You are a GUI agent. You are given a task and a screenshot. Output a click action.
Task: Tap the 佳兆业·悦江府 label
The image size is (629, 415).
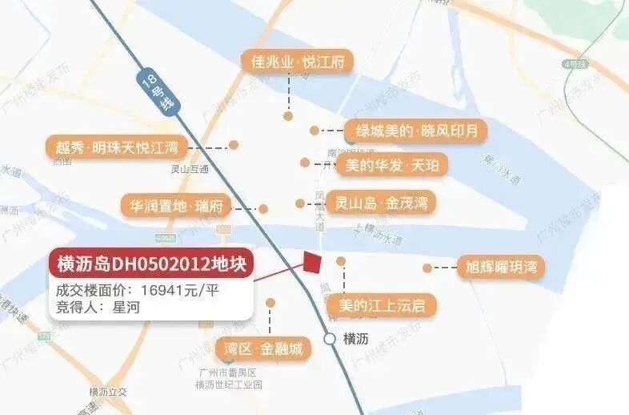click(298, 62)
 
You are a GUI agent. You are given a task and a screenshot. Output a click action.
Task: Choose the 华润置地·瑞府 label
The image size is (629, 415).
click(176, 206)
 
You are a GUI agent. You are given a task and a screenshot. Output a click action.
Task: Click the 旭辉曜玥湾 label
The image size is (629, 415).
click(500, 268)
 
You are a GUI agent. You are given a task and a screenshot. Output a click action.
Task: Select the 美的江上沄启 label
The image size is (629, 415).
click(382, 304)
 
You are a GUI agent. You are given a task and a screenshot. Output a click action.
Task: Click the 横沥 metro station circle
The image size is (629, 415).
click(330, 339)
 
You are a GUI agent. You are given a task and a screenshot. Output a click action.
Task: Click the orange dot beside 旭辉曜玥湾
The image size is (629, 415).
click(427, 268)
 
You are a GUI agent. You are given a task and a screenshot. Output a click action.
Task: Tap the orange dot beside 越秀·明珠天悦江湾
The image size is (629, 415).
click(234, 146)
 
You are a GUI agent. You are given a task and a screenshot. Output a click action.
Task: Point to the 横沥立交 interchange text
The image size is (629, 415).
click(108, 392)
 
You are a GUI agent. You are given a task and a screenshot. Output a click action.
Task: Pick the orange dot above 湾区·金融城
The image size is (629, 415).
click(270, 303)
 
